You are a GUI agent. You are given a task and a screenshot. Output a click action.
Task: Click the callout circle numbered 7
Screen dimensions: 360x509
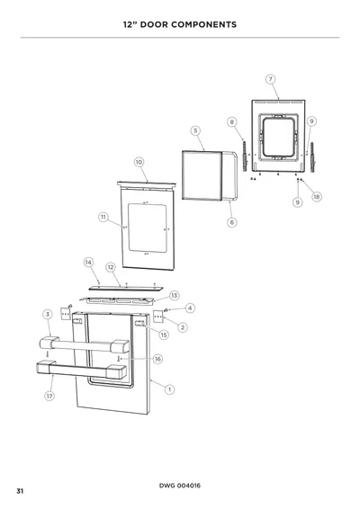pyautogui.click(x=270, y=79)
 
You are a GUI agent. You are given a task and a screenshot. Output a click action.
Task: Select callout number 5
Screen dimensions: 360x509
pyautogui.click(x=195, y=130)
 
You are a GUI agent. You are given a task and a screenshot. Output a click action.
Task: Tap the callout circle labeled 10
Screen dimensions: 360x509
pyautogui.click(x=139, y=162)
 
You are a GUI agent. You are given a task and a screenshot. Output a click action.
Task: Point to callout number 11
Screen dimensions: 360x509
pyautogui.click(x=103, y=217)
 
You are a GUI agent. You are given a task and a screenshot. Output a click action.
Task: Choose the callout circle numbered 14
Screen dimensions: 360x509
pyautogui.click(x=89, y=263)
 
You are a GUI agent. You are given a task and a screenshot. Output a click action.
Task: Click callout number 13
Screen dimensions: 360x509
pyautogui.click(x=175, y=295)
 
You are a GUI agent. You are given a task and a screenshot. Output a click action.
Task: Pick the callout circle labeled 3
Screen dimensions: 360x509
pyautogui.click(x=48, y=314)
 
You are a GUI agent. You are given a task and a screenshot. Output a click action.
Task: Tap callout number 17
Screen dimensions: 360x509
pyautogui.click(x=49, y=396)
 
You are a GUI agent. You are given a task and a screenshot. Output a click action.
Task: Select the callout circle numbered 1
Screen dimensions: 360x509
pyautogui.click(x=169, y=389)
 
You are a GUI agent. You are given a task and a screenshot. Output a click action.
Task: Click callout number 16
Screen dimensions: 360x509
pyautogui.click(x=157, y=359)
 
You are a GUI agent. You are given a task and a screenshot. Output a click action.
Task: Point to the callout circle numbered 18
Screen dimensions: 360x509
pyautogui.click(x=317, y=197)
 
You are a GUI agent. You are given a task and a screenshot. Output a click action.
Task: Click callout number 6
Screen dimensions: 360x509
pyautogui.click(x=232, y=222)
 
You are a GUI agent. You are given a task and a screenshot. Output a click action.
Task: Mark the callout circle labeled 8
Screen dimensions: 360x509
pyautogui.click(x=232, y=122)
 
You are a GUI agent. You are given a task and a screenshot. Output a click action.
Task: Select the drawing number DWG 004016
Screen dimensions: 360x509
pyautogui.click(x=180, y=486)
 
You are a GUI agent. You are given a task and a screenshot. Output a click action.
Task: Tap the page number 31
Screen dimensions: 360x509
pyautogui.click(x=20, y=491)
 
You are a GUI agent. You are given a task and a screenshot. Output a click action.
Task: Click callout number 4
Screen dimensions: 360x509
pyautogui.click(x=190, y=308)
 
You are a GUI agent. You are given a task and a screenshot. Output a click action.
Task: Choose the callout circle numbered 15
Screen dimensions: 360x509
pyautogui.click(x=164, y=335)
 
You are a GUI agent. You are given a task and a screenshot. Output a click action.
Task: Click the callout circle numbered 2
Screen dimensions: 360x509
pyautogui.click(x=183, y=327)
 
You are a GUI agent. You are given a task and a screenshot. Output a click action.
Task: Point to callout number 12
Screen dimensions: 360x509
pyautogui.click(x=111, y=267)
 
